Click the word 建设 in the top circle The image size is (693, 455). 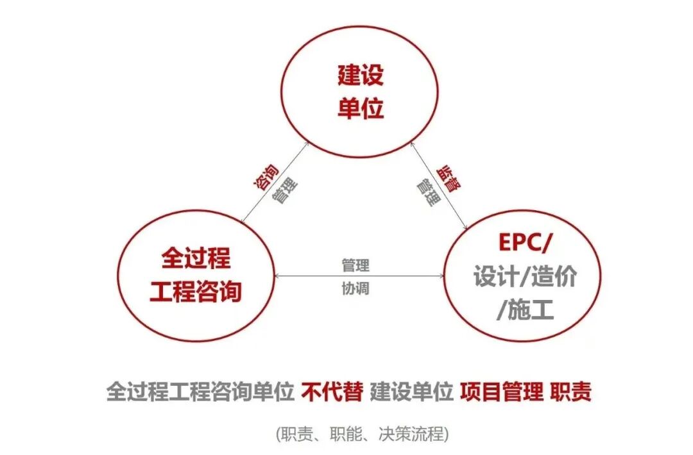click(361, 75)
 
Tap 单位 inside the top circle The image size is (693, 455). click(361, 108)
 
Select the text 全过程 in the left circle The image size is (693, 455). click(196, 259)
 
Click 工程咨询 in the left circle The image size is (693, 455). click(196, 292)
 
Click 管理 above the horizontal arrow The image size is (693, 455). click(355, 265)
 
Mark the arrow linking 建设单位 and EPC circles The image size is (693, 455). click(440, 186)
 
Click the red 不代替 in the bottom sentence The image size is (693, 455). click(332, 392)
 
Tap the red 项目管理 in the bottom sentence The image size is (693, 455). click(501, 392)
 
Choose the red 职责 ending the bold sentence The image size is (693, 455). click(570, 392)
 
